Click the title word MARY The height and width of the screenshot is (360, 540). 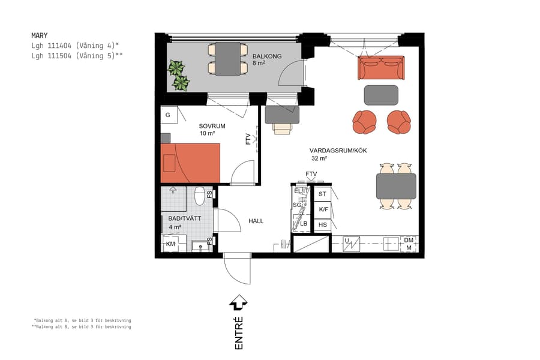40,35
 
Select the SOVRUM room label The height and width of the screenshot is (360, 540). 212,126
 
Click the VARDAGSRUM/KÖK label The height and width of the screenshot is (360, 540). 338,151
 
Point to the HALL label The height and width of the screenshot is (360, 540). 256,221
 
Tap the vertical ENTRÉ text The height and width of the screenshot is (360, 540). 239,332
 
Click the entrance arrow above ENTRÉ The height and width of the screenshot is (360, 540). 239,302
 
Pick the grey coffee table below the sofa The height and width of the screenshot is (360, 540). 381,95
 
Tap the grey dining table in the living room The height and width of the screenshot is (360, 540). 396,186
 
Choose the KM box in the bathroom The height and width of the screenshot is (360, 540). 171,244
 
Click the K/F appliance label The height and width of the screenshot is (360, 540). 323,209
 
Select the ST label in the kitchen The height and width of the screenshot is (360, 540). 323,194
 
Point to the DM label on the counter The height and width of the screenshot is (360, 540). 409,240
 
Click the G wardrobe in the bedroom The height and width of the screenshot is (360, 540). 168,115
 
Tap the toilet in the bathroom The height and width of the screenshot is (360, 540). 199,196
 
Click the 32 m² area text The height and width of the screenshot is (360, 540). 319,159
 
